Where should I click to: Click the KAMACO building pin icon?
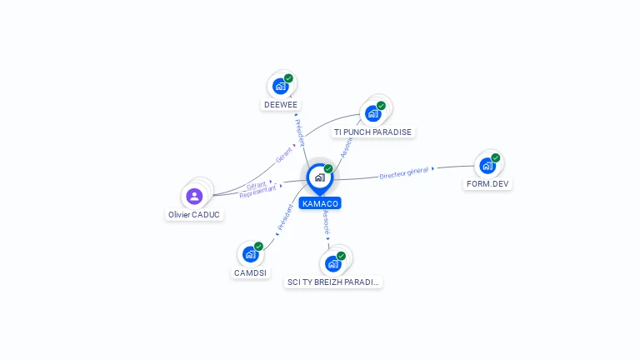tap(319, 177)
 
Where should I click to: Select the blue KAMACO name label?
tap(320, 203)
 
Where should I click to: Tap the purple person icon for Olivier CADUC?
tap(194, 196)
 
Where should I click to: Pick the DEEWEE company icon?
tap(281, 86)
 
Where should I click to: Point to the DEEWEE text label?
tap(281, 105)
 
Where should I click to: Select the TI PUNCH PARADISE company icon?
tap(372, 112)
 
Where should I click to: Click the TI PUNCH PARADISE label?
tap(372, 132)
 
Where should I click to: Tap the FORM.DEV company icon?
tap(487, 165)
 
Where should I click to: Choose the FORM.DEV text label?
tap(488, 183)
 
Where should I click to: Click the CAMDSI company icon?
tap(250, 254)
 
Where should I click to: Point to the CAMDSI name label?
tap(250, 272)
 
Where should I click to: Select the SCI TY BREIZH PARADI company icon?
tap(333, 263)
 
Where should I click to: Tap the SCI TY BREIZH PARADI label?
tap(333, 282)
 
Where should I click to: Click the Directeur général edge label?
tap(404, 172)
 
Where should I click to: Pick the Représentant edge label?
tap(257, 191)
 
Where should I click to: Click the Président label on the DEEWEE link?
tap(299, 132)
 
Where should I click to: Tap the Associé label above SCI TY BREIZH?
tap(327, 222)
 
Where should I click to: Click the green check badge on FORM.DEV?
tap(496, 157)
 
